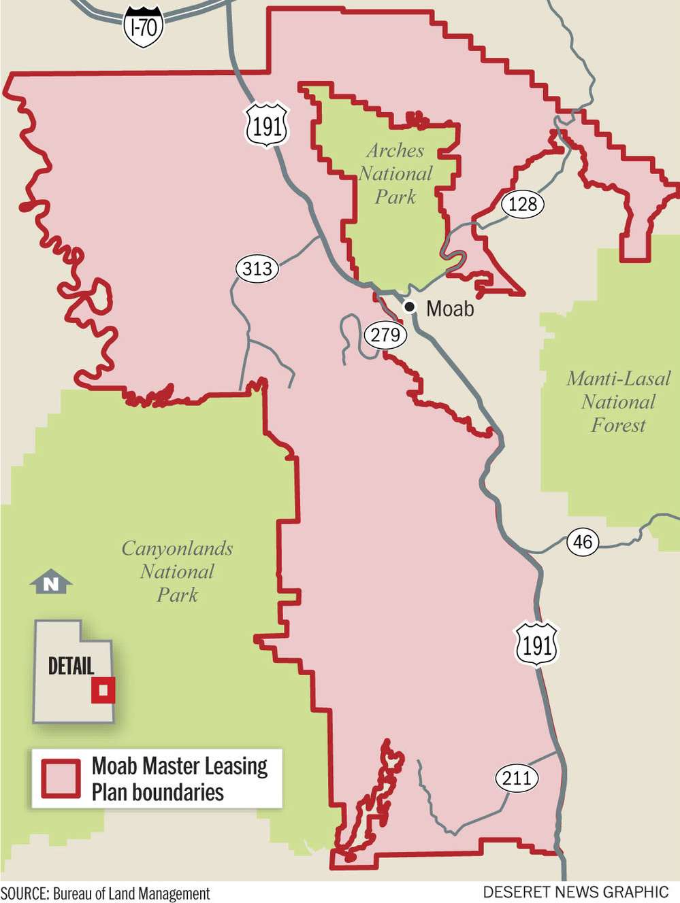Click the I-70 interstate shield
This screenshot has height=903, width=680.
coord(144,27)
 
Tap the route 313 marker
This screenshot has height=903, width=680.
coord(257,269)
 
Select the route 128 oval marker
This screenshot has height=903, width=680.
coord(522,203)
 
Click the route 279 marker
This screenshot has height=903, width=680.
coord(385,335)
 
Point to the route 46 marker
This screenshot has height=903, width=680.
coord(583,542)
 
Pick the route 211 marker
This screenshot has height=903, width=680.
coord(517,777)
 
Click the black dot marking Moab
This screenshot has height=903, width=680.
coord(410,307)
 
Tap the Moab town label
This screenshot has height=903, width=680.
coord(450,309)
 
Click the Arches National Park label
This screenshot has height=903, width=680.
coord(395,173)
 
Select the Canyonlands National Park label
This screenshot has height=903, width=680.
coord(177,571)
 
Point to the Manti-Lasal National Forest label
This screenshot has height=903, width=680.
coord(618,401)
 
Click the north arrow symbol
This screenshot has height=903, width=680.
coord(51,583)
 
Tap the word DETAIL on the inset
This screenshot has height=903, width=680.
coord(71,666)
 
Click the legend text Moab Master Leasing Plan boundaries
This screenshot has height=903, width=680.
coord(179,779)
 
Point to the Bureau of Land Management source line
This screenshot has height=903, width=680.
coord(106,893)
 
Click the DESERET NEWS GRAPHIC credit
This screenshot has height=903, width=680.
coord(576,892)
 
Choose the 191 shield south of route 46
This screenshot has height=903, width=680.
coord(537,645)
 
